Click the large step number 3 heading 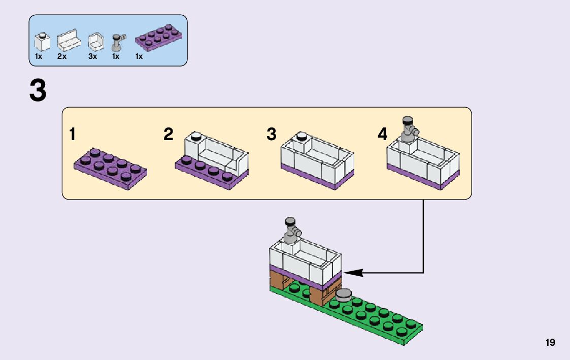[38, 90]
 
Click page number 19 [550, 342]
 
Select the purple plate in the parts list [158, 37]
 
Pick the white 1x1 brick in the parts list [42, 42]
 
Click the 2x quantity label [62, 56]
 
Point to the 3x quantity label [93, 56]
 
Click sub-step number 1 [73, 134]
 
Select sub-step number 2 [169, 134]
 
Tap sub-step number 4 [382, 134]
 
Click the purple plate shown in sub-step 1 [111, 169]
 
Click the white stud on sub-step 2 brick [196, 136]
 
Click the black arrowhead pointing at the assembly [353, 272]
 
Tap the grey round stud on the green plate [344, 294]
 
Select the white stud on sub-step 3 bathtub [302, 137]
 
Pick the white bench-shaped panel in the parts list [69, 41]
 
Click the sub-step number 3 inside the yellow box [272, 134]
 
